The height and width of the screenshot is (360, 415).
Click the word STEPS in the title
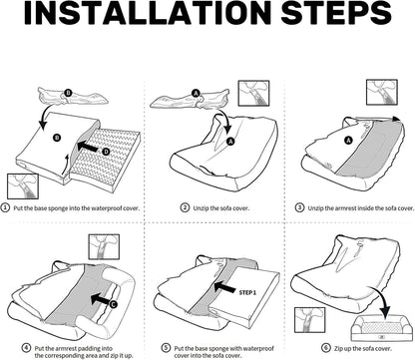coord(336,13)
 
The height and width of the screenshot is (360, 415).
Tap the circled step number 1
coord(5,207)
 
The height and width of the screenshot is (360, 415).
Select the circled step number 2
coord(185,207)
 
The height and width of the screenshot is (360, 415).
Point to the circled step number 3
coord(299,207)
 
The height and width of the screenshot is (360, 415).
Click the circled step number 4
coord(26,348)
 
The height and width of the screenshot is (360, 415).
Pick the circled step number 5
coord(166,348)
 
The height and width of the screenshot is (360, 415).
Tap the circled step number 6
coord(326,348)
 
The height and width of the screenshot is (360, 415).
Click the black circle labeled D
coord(106,152)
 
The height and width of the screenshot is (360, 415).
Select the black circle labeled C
coord(113,304)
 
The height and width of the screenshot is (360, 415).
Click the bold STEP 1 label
coord(247,293)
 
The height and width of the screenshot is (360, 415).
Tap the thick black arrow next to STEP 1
coord(223,287)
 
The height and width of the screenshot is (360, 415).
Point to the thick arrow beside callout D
coord(88,147)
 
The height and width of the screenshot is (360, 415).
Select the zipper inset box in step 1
coord(23,186)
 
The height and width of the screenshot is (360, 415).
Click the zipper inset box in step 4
coord(104,247)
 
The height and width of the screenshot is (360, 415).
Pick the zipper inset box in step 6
coord(310,320)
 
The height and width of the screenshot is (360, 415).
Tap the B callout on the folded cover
coord(68,93)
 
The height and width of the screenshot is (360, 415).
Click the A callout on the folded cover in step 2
coord(196,94)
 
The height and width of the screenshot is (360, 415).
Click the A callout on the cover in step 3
coord(348,141)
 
